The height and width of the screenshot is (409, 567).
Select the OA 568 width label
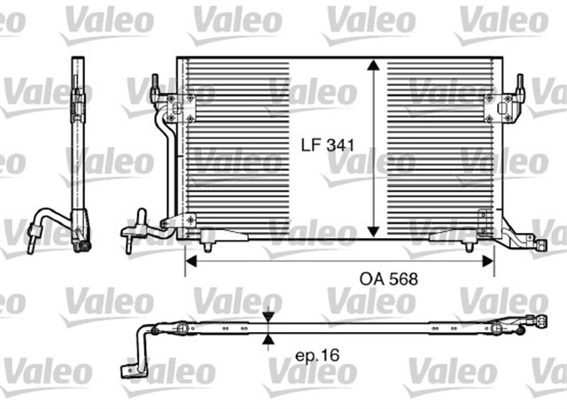pyautogui.click(x=387, y=278)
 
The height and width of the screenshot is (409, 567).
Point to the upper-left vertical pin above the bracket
pyautogui.click(x=153, y=87)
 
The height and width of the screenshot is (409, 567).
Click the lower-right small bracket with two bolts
pyautogui.click(x=484, y=221)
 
